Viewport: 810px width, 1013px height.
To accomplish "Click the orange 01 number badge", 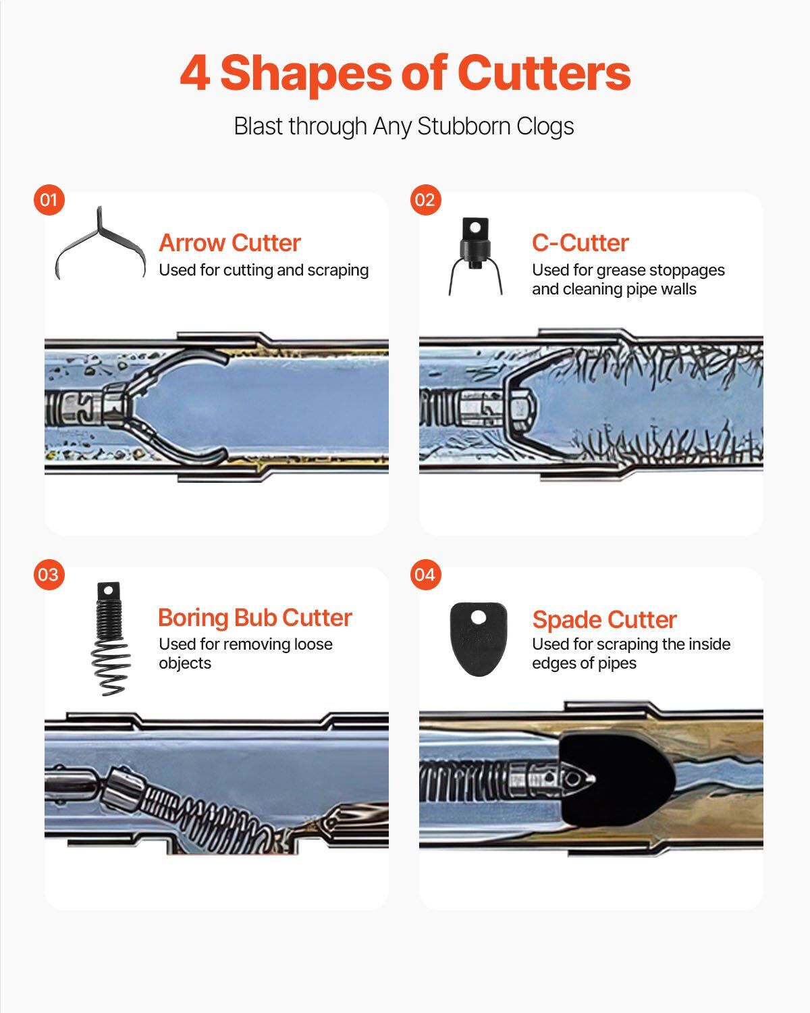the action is [49, 200].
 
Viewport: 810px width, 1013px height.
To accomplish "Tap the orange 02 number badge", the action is [425, 200].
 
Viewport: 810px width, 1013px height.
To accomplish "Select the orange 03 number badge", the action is [49, 575].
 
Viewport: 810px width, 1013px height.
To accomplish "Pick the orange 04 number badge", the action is [425, 575].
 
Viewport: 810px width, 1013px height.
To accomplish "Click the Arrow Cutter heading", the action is [230, 243].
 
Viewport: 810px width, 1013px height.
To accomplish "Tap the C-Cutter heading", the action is [580, 243].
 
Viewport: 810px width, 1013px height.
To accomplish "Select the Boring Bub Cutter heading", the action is [255, 617].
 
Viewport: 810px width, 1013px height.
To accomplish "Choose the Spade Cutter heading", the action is [605, 619].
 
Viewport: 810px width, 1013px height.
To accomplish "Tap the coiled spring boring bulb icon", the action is [111, 639].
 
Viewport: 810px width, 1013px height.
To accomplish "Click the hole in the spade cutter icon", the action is [479, 617].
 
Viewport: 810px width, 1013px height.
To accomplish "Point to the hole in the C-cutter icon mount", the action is [475, 228].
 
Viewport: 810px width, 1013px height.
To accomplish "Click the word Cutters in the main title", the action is [544, 73].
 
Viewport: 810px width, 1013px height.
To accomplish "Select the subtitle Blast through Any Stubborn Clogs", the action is [404, 126].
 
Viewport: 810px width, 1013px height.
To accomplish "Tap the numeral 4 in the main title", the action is [195, 73].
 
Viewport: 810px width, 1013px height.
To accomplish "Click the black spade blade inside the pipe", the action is [616, 779].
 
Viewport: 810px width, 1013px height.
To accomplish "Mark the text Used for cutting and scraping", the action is [263, 270].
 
